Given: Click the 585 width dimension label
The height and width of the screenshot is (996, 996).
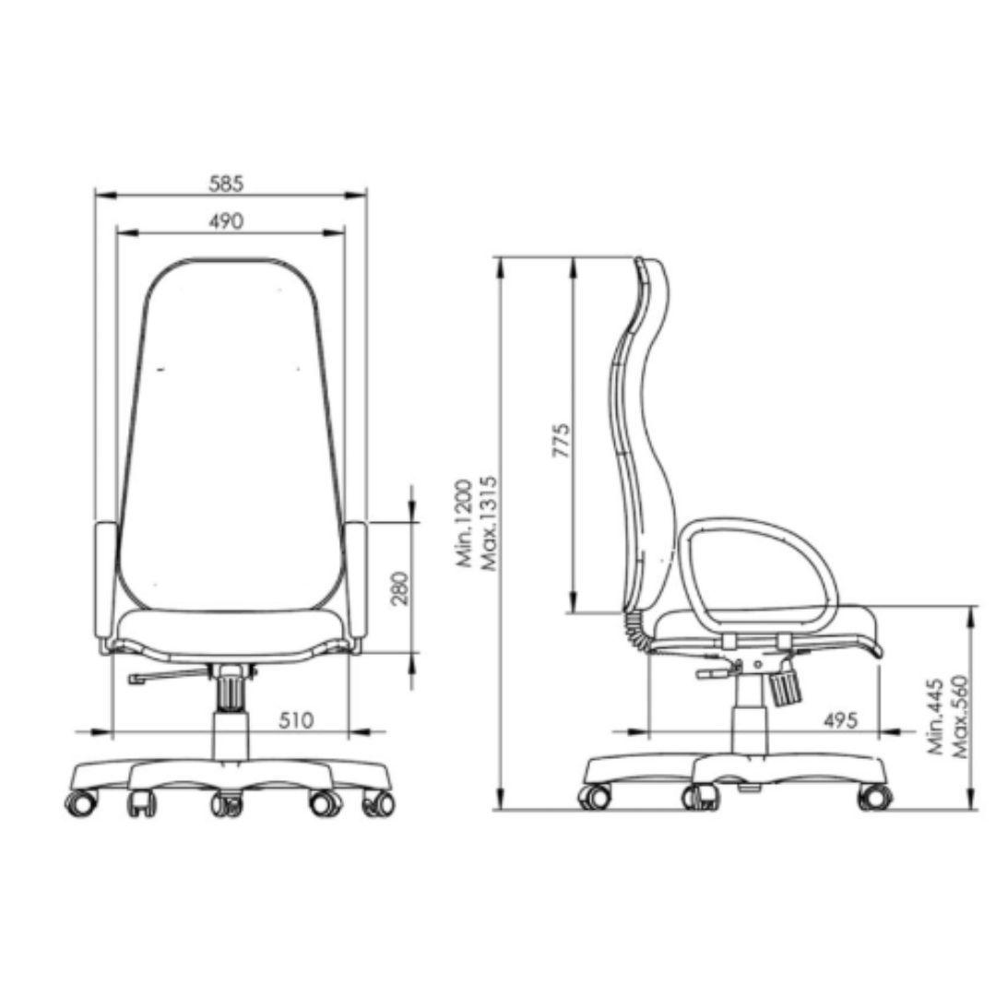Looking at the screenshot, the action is (226, 184).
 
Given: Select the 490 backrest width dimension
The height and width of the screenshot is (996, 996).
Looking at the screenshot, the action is (226, 221).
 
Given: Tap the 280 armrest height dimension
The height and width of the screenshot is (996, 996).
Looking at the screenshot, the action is (399, 588).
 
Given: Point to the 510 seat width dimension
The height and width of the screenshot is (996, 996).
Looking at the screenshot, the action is (296, 720).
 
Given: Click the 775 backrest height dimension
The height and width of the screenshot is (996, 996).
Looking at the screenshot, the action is (561, 440).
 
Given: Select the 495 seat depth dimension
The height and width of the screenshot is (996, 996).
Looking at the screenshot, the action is (840, 720).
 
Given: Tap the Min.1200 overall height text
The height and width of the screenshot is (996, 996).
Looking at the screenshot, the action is (464, 524).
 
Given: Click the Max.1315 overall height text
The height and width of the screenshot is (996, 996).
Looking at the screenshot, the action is (488, 524).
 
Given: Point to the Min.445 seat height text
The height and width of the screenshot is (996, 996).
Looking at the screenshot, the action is (936, 717).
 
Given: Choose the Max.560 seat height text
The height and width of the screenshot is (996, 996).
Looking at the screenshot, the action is (959, 717).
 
